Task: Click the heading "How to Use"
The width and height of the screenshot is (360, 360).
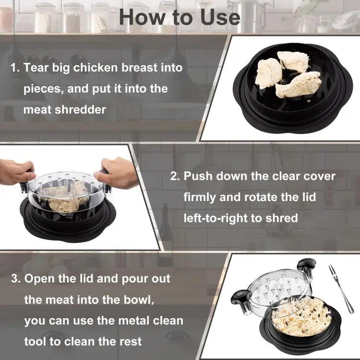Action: [x=180, y=17]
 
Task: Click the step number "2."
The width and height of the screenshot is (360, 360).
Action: [x=175, y=176]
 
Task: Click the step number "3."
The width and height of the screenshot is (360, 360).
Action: [x=15, y=278]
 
